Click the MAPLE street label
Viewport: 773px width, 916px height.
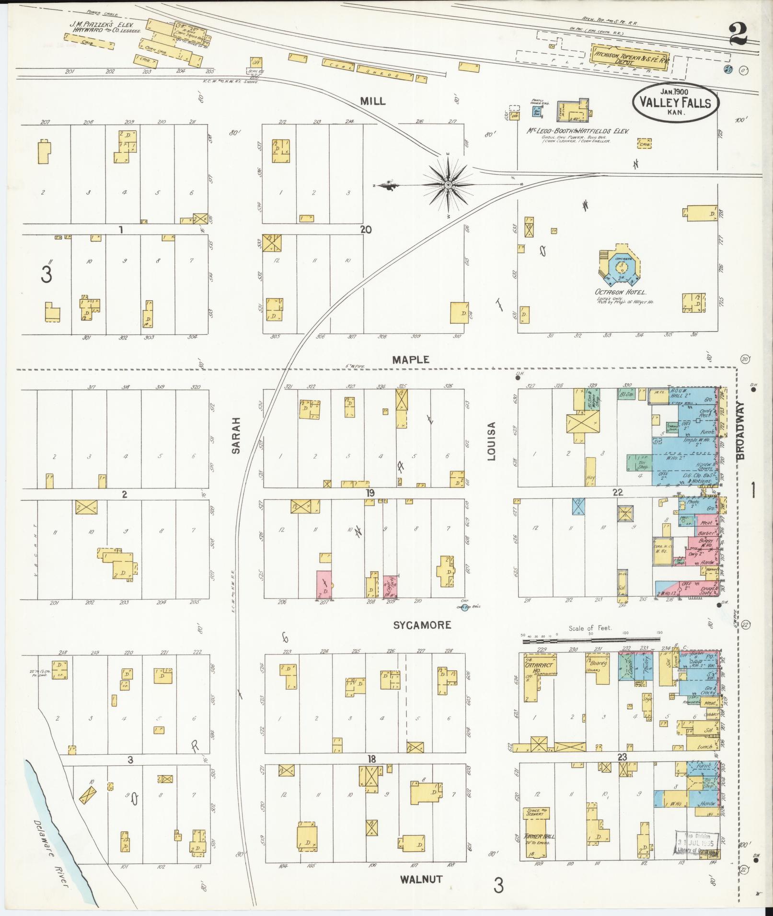[x=410, y=360]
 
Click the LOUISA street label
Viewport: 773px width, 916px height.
[x=492, y=441]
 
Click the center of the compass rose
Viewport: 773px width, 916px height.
[x=448, y=185]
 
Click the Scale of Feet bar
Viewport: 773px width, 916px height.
[x=590, y=640]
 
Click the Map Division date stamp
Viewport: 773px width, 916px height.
[x=697, y=840]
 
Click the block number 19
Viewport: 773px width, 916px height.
[x=369, y=493]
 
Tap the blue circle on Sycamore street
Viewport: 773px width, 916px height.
[x=463, y=608]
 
